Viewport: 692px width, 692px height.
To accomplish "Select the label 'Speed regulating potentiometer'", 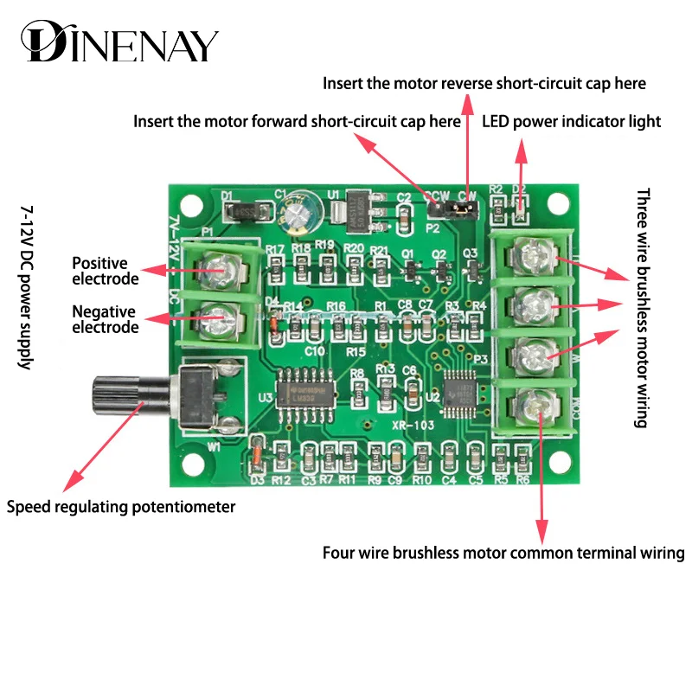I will pos(121,507).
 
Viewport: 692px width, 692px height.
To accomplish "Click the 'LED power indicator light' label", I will pos(571,121).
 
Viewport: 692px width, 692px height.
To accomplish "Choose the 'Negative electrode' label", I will pos(105,319).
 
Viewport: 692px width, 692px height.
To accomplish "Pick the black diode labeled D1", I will pos(243,209).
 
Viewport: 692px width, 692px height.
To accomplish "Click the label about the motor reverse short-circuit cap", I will pos(484,84).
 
